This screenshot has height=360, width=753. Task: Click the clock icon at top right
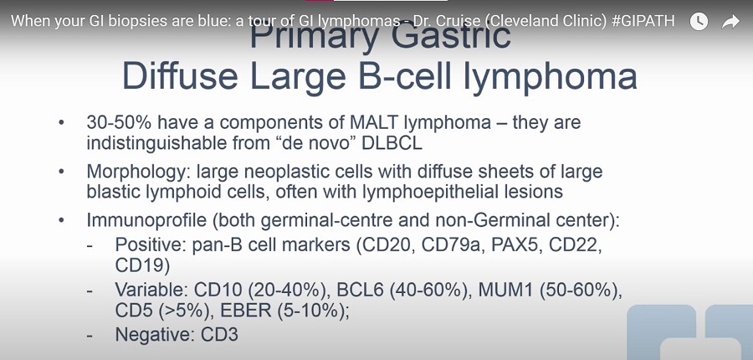(x=699, y=21)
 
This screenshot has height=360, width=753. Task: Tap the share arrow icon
(x=730, y=21)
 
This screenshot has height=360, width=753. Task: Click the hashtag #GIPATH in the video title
(x=643, y=21)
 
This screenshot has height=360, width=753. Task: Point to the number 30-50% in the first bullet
(x=119, y=122)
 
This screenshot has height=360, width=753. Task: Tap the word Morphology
(x=139, y=172)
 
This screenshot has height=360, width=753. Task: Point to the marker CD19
(x=142, y=265)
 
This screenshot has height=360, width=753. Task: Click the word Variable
(x=151, y=291)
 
